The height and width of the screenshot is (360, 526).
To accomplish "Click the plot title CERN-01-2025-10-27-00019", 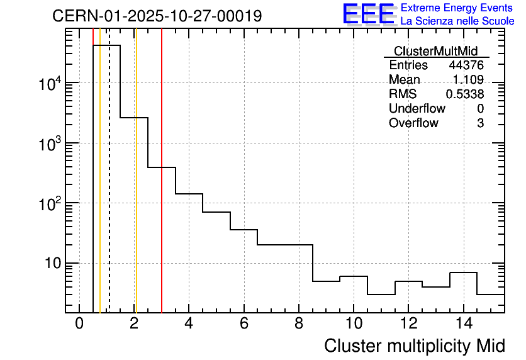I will click(x=157, y=16).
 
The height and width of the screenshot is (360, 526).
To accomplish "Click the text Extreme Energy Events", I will click(x=457, y=8).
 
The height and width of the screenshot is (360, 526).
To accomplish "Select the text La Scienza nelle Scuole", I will click(x=457, y=21).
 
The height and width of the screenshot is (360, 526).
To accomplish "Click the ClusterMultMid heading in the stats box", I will click(x=435, y=51).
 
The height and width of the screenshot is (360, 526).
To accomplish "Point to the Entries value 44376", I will click(x=466, y=65).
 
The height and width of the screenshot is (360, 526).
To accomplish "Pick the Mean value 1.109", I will click(x=468, y=80).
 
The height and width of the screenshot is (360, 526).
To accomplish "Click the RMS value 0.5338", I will click(x=465, y=94).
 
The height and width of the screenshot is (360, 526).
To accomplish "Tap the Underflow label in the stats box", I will click(x=417, y=109).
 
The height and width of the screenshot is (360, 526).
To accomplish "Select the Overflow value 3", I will click(x=480, y=123).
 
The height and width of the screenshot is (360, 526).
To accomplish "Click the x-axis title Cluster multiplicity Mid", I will click(x=415, y=346).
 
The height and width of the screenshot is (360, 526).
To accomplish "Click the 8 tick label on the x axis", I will click(x=299, y=323).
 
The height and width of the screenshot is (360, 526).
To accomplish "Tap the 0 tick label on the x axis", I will click(x=79, y=323).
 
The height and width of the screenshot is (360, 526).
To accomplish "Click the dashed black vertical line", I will click(x=109, y=189).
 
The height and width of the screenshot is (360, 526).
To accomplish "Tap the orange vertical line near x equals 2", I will click(x=135, y=189).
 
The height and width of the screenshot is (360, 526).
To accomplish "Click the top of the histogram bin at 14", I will click(x=464, y=273).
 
